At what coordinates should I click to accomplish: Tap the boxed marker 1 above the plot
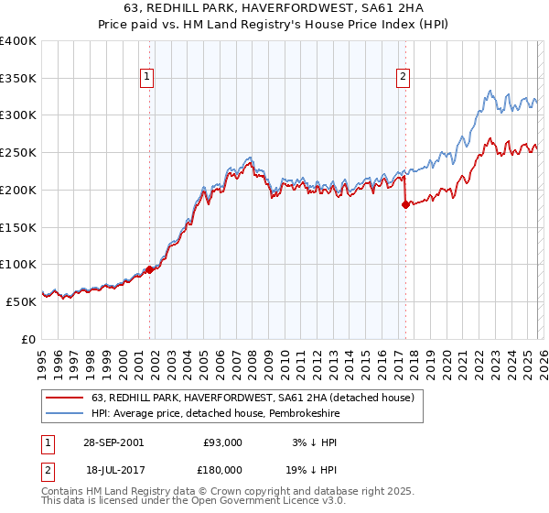148,79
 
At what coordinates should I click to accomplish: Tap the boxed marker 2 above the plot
403,79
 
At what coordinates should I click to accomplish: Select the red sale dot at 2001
149,269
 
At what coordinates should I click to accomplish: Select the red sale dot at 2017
404,205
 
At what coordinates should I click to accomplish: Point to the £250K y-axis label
18,153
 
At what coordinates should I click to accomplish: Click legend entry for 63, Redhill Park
253,398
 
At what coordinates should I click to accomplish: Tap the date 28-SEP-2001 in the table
113,442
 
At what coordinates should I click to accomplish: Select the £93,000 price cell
222,442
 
